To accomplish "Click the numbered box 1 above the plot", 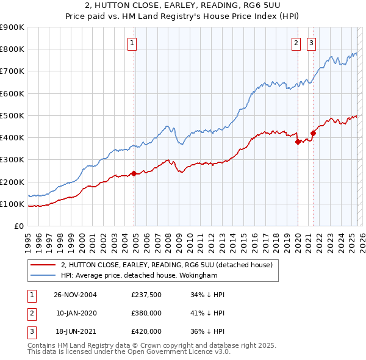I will (132, 43).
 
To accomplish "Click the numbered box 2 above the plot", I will (296, 43).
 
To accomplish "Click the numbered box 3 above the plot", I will (311, 43).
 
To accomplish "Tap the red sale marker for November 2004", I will (134, 173).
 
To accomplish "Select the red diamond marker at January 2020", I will (298, 142).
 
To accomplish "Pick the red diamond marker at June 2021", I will (313, 133).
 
